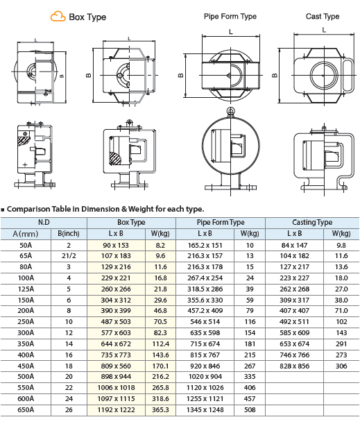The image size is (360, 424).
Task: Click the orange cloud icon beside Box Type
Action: coord(58,16)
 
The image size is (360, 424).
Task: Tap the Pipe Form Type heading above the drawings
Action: coord(230,17)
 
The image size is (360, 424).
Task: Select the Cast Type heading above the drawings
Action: coord(323,17)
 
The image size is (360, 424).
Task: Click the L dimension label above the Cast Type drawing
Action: coord(324,30)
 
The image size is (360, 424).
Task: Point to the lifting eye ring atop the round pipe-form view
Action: coord(230,110)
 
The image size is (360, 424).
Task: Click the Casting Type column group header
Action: coord(312,222)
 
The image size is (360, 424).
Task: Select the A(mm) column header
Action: coord(26,234)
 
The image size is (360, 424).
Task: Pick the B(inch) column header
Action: coord(69,234)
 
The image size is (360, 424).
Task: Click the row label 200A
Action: coord(26,311)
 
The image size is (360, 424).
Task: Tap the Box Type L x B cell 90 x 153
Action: coord(116,245)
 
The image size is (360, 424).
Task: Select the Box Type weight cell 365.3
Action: coord(160,410)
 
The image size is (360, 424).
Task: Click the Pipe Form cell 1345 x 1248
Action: coord(205,410)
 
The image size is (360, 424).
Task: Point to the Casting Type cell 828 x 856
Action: coord(295,366)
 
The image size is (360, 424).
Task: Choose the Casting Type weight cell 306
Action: coord(341,366)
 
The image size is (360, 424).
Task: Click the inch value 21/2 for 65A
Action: coord(69,256)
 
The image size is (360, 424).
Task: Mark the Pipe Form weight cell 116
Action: coord(250,322)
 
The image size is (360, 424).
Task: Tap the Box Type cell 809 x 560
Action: coord(116,366)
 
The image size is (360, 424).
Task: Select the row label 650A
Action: coord(26,410)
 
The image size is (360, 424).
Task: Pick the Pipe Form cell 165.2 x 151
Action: coord(205,245)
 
